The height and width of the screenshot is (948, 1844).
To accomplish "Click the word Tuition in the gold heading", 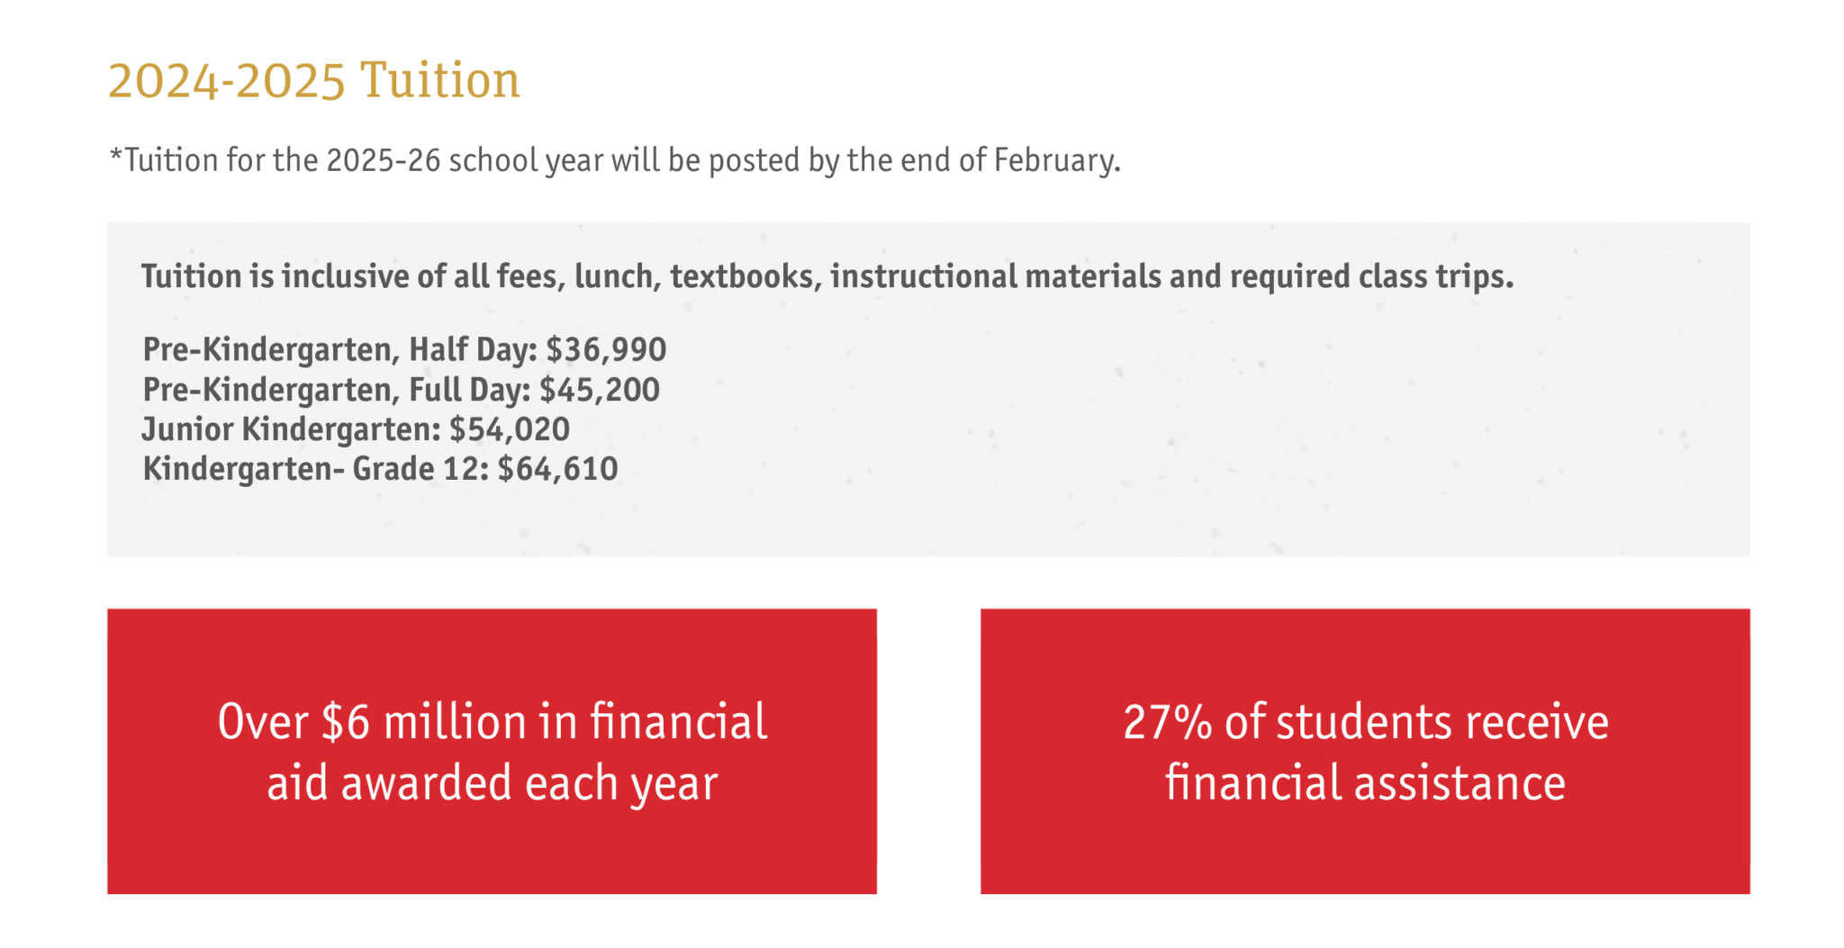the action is (440, 80).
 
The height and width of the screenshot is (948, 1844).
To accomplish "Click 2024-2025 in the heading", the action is (227, 81).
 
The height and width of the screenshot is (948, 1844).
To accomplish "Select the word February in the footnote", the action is (1057, 161).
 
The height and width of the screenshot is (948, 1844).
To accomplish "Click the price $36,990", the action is (606, 349).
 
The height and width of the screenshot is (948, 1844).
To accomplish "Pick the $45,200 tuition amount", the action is (600, 390).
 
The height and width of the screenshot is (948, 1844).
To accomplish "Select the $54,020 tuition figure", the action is (510, 429).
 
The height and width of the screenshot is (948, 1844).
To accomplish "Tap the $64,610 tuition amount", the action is (557, 469).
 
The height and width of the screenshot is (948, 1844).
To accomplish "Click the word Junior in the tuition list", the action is (187, 429).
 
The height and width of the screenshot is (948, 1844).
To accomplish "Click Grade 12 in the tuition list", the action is (420, 469).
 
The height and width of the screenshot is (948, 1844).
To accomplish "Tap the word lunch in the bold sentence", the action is (618, 276).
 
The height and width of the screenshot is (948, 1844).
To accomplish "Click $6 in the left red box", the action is (345, 722).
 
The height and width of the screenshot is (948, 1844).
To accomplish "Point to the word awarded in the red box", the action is (427, 783).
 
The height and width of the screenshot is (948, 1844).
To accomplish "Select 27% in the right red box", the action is (1167, 722).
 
